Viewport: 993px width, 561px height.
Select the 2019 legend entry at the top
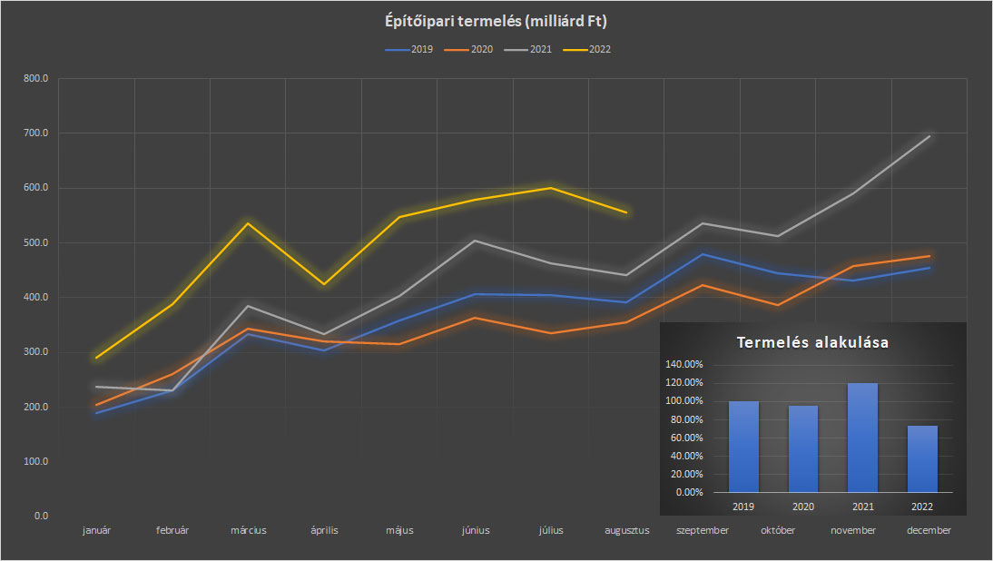(x=421, y=49)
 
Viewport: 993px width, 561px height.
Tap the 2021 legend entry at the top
(x=540, y=49)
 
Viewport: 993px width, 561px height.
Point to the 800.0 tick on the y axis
(x=35, y=79)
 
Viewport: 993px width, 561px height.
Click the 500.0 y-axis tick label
(x=35, y=242)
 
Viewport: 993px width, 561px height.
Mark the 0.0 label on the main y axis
(x=40, y=516)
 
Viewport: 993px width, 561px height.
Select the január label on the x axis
(x=96, y=530)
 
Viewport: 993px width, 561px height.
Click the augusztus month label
(x=627, y=530)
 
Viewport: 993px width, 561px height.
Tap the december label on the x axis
(x=929, y=530)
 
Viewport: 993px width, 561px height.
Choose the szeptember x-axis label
(x=703, y=530)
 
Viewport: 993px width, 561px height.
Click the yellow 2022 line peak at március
(x=248, y=223)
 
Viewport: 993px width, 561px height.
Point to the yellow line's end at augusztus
(x=626, y=212)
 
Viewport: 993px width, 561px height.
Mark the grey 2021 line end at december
(x=929, y=136)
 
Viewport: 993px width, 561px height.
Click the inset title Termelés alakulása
(x=812, y=343)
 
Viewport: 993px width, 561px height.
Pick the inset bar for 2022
(x=922, y=458)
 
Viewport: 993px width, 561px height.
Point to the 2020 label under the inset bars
(x=802, y=506)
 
